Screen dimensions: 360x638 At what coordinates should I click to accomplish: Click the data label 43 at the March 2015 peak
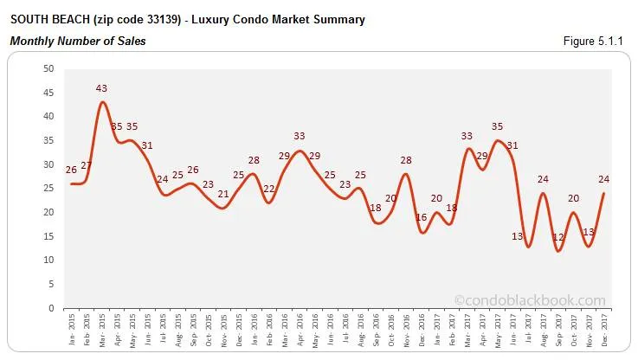pos(102,88)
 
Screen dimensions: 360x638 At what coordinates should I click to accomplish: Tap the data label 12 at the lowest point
pos(558,237)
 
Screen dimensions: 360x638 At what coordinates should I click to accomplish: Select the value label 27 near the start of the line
pos(86,165)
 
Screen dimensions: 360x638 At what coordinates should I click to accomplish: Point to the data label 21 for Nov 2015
pos(223,194)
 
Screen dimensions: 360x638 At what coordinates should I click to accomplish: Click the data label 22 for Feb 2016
pos(269,189)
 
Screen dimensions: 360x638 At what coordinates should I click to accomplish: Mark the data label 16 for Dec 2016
pos(422,218)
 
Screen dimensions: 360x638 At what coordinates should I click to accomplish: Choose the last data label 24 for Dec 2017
pos(604,179)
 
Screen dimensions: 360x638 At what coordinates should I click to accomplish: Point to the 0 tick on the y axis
pos(52,308)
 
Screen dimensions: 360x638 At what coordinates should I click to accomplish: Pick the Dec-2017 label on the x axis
pos(604,329)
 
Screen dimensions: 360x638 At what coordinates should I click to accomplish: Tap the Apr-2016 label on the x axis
pos(300,329)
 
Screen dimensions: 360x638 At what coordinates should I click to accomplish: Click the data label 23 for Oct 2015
pos(208,184)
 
